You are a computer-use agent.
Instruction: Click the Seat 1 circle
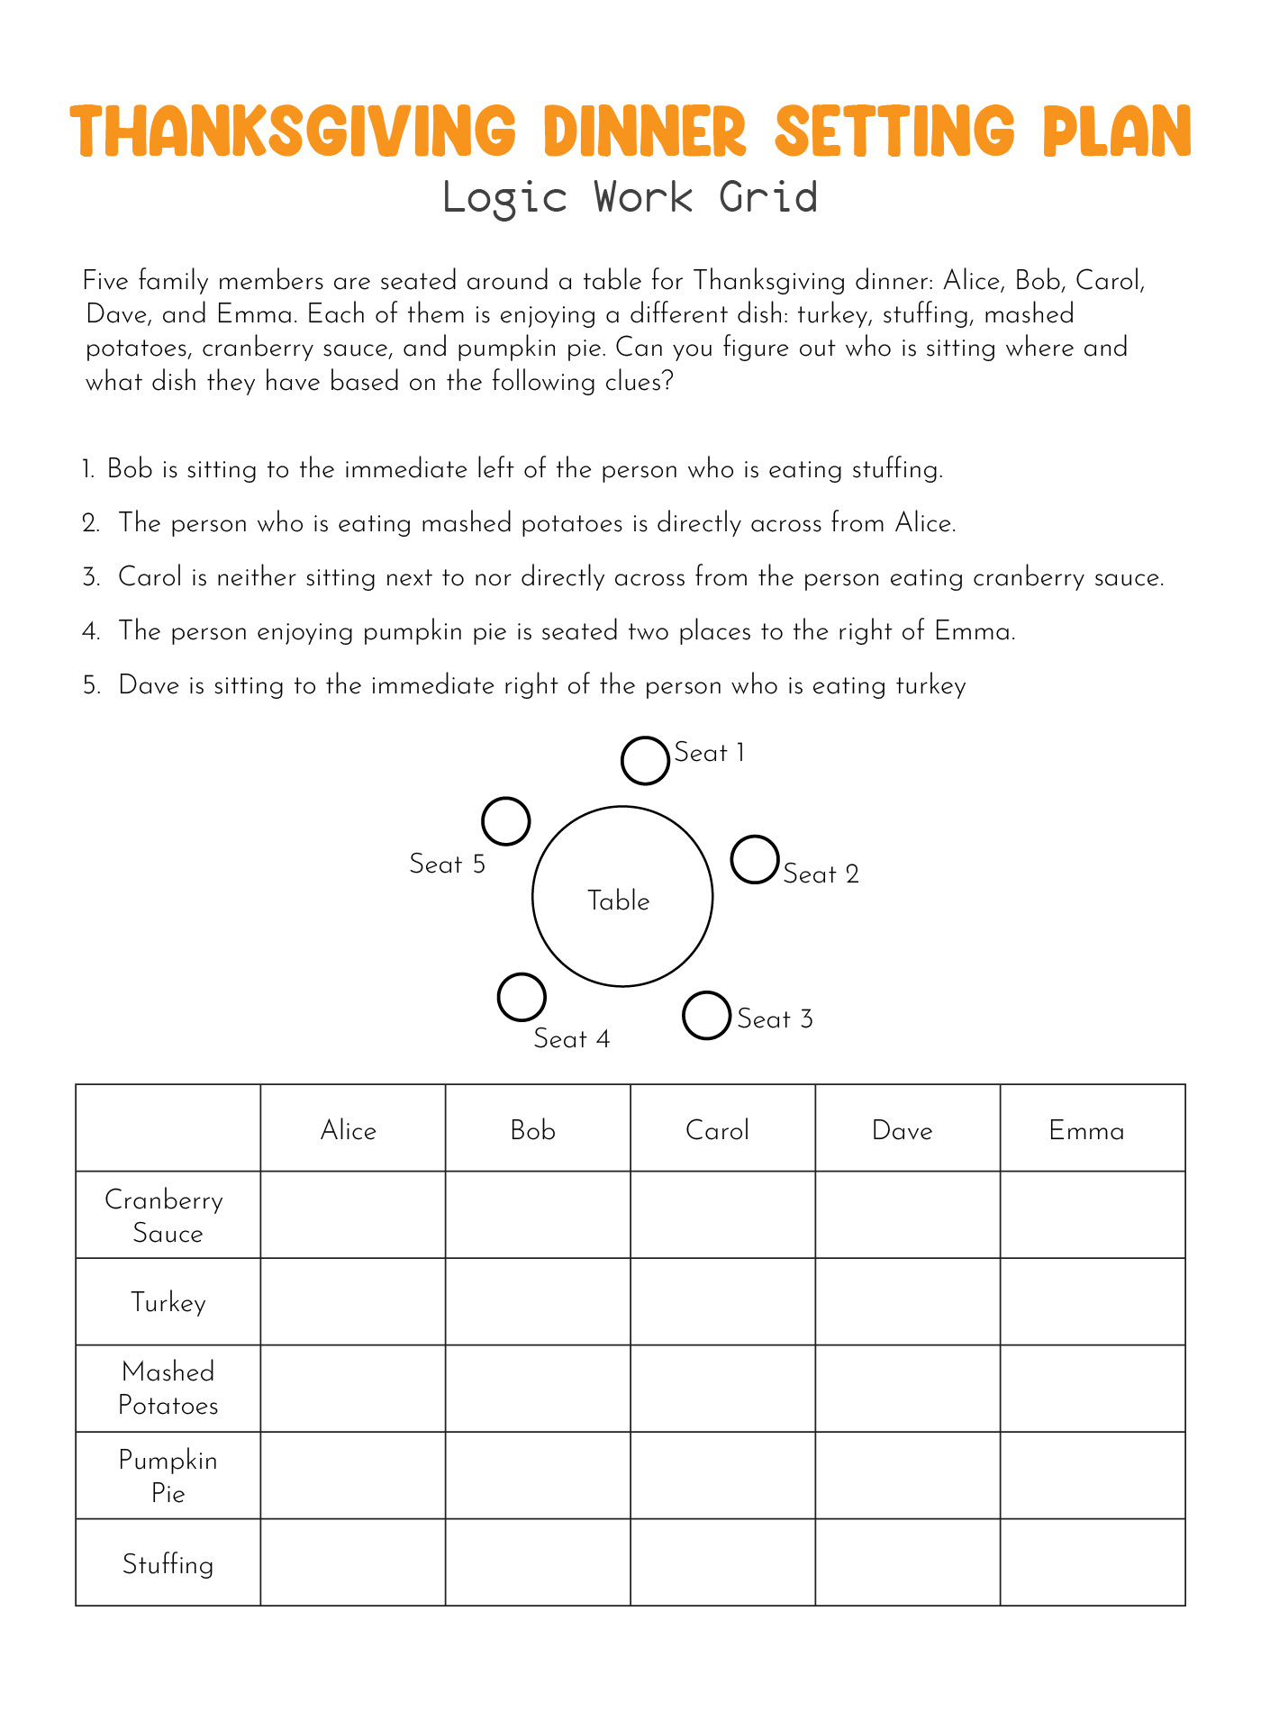(x=645, y=761)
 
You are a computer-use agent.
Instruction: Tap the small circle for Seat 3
(x=706, y=1016)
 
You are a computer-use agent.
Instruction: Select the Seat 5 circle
(x=505, y=821)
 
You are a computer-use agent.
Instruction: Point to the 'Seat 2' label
(x=821, y=874)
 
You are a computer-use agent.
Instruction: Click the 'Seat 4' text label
(x=571, y=1039)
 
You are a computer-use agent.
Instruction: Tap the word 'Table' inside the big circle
(x=619, y=901)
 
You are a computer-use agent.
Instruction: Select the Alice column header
(x=349, y=1130)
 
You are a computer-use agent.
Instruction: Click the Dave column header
(x=903, y=1130)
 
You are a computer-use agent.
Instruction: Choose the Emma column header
(x=1086, y=1130)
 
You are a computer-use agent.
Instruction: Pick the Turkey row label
(x=168, y=1303)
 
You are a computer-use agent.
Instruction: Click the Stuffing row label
(x=168, y=1564)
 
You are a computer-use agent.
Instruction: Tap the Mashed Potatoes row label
(x=168, y=1389)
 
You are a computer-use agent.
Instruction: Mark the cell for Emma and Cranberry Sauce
(x=1093, y=1214)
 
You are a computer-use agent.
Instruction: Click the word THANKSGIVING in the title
(x=294, y=131)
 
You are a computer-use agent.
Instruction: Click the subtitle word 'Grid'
(x=768, y=197)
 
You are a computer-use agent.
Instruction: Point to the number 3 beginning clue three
(x=90, y=577)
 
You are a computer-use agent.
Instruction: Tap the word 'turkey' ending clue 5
(x=930, y=686)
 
